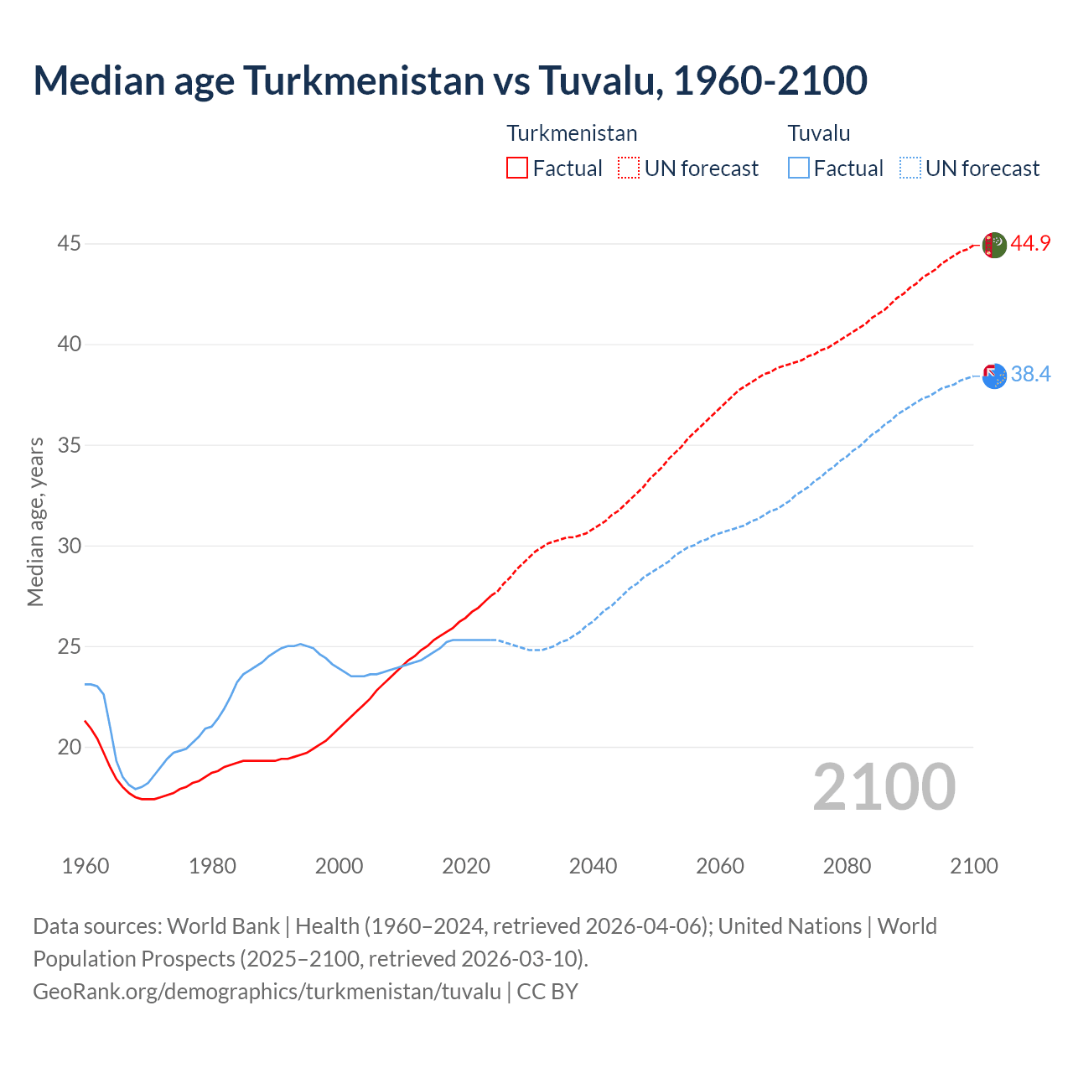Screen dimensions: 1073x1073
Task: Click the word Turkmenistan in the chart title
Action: coord(364,80)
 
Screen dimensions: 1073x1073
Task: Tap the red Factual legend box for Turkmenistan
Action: coord(517,168)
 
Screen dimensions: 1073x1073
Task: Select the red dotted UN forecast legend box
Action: coord(629,168)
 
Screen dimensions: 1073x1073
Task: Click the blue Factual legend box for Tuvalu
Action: coord(798,168)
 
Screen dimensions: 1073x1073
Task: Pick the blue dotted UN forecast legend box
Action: coord(910,168)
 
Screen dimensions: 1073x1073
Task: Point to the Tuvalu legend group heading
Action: coord(819,133)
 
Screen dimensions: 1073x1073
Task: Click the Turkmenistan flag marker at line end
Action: coord(993,245)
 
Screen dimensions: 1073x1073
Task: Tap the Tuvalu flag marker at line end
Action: coord(994,376)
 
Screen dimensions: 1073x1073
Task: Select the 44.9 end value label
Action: coord(1030,244)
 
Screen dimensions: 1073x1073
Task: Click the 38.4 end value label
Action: coord(1030,374)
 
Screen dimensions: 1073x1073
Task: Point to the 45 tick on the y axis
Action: coord(70,244)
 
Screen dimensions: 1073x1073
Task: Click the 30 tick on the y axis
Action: coord(70,546)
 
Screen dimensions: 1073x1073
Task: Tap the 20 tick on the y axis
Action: coord(70,747)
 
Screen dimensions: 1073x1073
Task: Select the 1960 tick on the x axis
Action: coord(86,866)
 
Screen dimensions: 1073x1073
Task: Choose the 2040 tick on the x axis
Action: coord(593,866)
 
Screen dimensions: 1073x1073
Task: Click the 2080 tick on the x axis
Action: coord(847,866)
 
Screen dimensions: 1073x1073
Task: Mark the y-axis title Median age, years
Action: coord(35,521)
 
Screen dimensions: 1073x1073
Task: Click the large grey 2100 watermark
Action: coord(884,787)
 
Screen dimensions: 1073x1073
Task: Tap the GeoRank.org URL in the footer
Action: coord(267,992)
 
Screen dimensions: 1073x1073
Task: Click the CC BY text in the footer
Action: coord(547,992)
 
